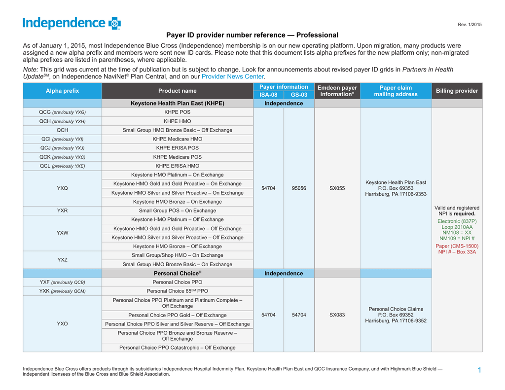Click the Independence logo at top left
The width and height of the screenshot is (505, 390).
(x=72, y=23)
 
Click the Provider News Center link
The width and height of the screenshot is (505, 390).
(x=233, y=76)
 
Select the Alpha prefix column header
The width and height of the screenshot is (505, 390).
(x=62, y=91)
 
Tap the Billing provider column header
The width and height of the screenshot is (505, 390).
(x=457, y=91)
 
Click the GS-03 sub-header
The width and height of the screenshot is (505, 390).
(x=299, y=95)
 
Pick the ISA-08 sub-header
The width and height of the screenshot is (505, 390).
(x=268, y=95)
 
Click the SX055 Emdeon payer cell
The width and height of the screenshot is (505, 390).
(x=337, y=188)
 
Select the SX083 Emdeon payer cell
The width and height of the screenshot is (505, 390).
(x=337, y=315)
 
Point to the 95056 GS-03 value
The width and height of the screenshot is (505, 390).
(x=299, y=188)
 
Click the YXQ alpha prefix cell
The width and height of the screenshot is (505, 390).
(x=62, y=188)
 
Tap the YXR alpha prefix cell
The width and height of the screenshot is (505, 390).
(x=62, y=211)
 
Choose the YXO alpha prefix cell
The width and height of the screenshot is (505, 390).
(x=62, y=324)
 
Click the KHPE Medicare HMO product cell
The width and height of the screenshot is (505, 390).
(x=177, y=139)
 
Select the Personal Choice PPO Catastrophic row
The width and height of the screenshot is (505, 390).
(x=177, y=348)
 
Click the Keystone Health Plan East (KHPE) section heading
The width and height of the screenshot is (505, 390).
(x=177, y=104)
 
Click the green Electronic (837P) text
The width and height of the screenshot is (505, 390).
(x=457, y=221)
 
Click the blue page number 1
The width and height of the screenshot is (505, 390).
(x=479, y=370)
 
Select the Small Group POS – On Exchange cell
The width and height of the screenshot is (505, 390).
(x=177, y=211)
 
